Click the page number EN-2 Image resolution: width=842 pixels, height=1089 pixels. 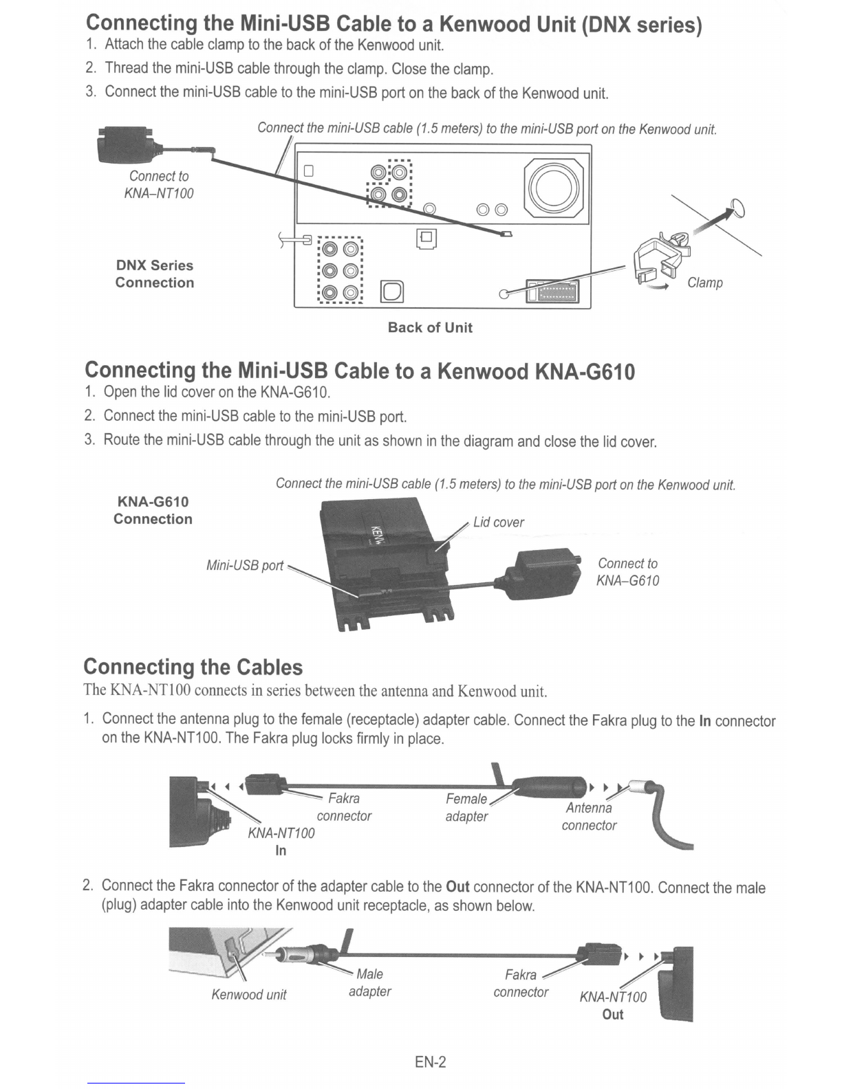pos(430,1062)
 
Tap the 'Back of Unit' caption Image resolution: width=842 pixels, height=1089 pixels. pos(430,327)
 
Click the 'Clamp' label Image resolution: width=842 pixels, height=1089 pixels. pos(704,283)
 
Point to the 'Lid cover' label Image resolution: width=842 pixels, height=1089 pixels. pos(498,522)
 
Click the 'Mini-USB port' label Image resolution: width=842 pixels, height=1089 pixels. pos(245,566)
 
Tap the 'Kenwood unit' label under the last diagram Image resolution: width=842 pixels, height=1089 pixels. pos(249,995)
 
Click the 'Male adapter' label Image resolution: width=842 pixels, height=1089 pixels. pos(369,982)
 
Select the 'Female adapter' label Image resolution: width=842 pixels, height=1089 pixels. pos(466,807)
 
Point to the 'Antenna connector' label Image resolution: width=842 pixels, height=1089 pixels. pos(589,816)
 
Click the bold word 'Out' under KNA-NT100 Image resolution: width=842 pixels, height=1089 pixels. pos(612,1014)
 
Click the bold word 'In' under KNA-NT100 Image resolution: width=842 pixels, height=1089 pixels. pos(281,850)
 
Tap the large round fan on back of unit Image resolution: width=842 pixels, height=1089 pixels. pos(554,188)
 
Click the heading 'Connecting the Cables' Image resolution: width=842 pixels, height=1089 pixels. pos(193,667)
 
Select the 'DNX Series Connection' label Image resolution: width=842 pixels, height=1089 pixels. pos(155,274)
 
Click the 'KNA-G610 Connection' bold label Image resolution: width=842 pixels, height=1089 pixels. pos(153,510)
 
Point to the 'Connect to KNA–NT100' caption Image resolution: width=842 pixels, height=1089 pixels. pos(158,184)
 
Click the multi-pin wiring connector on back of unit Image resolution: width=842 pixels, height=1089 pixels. pos(552,291)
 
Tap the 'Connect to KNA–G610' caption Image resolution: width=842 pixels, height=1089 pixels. pos(627,572)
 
